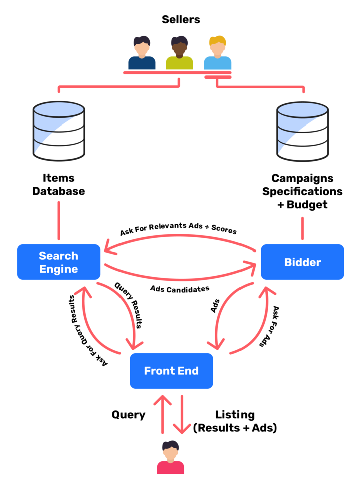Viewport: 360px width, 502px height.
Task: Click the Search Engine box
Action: (58, 262)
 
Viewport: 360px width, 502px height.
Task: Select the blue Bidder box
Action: (302, 262)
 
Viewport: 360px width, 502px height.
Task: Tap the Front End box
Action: (171, 371)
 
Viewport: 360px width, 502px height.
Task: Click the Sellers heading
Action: (181, 20)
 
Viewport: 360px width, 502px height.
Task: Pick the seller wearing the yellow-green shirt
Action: (180, 53)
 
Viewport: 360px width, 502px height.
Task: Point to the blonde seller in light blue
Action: (217, 53)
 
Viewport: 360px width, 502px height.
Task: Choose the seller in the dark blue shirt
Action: (142, 53)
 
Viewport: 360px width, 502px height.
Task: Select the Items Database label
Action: (59, 184)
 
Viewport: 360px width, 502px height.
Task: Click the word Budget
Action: (307, 204)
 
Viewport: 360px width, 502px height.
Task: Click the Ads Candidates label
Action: (180, 289)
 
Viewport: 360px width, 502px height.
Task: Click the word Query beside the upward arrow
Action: (129, 415)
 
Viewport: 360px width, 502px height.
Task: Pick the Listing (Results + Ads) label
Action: (235, 421)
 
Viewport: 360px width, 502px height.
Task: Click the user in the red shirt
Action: (171, 458)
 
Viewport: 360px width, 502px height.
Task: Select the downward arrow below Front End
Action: (181, 415)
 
